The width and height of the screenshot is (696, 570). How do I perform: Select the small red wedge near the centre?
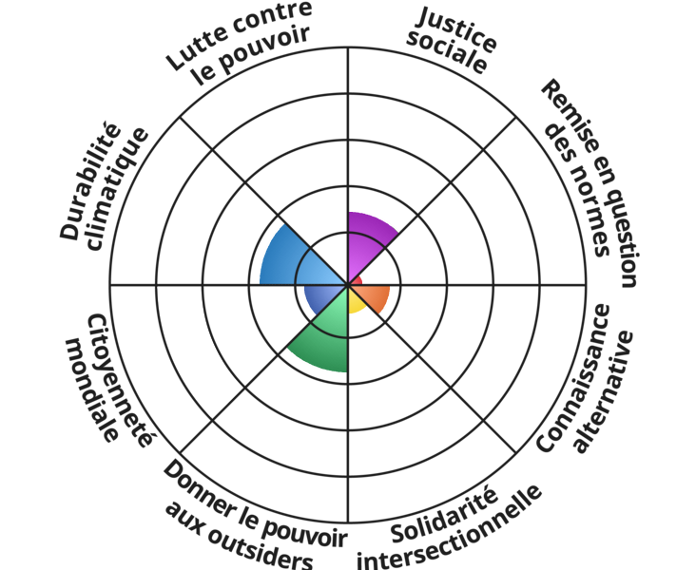coord(357,281)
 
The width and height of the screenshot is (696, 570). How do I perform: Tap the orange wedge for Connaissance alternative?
coord(376,296)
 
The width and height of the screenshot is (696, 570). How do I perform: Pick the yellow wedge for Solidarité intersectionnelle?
coord(356,303)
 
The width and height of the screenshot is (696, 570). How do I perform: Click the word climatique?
coord(118,190)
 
